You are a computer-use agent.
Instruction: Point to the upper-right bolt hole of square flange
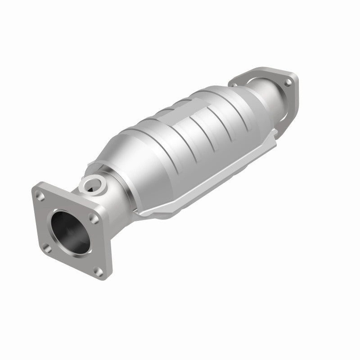coord(93,217)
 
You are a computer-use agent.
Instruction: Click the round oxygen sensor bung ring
coord(93,184)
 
